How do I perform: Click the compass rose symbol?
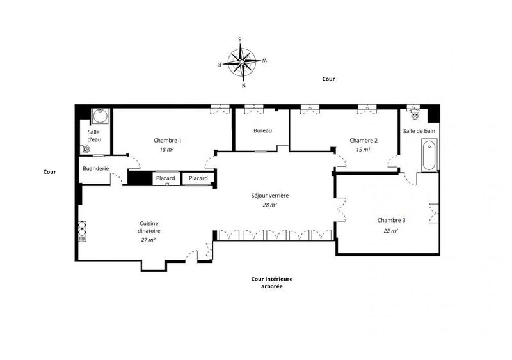[243, 62]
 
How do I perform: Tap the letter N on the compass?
[243, 85]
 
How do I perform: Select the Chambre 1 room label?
[168, 141]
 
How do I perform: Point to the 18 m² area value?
[168, 149]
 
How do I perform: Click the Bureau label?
[262, 131]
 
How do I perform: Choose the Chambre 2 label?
[363, 141]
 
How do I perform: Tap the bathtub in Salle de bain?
[430, 157]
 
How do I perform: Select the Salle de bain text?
[419, 131]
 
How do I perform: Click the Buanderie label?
[95, 169]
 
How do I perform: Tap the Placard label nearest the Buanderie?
[166, 178]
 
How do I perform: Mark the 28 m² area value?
[269, 205]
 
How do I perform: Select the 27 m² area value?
[148, 239]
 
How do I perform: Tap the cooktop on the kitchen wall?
[83, 228]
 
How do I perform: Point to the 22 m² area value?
[390, 230]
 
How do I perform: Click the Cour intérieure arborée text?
[268, 283]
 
